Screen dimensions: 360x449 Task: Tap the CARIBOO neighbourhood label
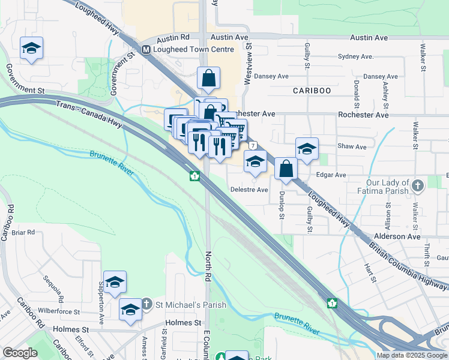pos(312,91)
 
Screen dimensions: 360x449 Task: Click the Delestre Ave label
pos(249,190)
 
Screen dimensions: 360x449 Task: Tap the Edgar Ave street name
pos(332,175)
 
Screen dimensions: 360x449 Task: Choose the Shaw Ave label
pos(352,146)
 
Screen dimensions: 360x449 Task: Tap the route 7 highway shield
pos(254,146)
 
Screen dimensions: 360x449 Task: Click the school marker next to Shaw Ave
pos(307,148)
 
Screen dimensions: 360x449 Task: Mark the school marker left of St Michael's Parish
pos(130,309)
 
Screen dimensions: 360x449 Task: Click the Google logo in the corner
pos(20,353)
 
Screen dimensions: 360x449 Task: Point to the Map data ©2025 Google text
pos(412,355)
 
